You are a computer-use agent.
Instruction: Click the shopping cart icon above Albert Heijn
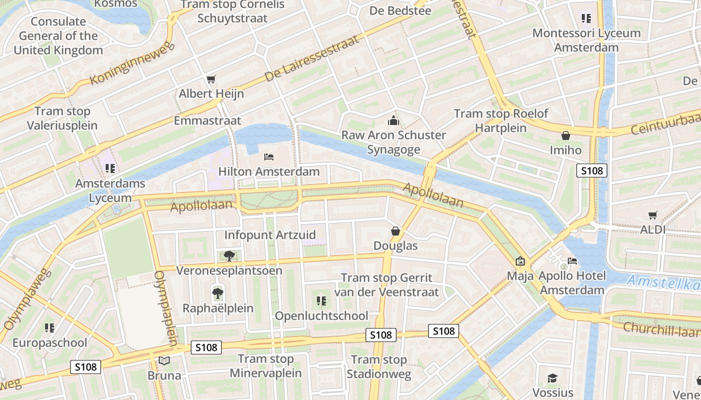pos(211,79)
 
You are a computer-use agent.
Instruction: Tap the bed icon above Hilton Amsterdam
pos(269,157)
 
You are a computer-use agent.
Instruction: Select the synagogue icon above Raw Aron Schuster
pos(393,120)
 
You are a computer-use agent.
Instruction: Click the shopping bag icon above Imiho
pos(566,135)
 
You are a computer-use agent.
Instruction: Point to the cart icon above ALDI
pos(653,215)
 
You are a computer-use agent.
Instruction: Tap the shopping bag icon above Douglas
pos(396,231)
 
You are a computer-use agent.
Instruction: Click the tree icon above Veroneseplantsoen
pos(229,256)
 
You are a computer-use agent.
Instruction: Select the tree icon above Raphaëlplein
pos(218,293)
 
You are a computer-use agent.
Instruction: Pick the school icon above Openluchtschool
pos(321,301)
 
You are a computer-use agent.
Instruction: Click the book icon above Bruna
pos(164,360)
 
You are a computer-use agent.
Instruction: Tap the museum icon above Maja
pos(520,261)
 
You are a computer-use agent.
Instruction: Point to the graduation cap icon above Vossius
pos(552,378)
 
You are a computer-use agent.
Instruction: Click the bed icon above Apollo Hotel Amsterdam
pos(572,261)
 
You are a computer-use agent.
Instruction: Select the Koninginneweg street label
pos(132,63)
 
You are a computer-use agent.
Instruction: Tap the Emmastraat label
pos(207,120)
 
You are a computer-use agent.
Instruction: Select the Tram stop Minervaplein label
pos(266,366)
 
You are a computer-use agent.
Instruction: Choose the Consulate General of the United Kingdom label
pos(58,36)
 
